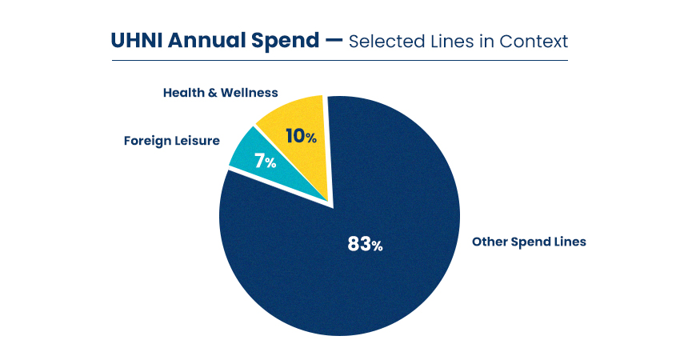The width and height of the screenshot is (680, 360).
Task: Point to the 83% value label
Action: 365,244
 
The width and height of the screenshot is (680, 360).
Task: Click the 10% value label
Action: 301,137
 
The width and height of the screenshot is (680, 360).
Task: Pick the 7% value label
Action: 266,162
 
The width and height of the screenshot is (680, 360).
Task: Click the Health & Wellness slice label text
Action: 220,93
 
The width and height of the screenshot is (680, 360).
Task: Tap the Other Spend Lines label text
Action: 529,241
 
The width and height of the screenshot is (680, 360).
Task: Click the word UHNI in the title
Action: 134,41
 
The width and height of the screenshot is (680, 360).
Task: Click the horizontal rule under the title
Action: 339,60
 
